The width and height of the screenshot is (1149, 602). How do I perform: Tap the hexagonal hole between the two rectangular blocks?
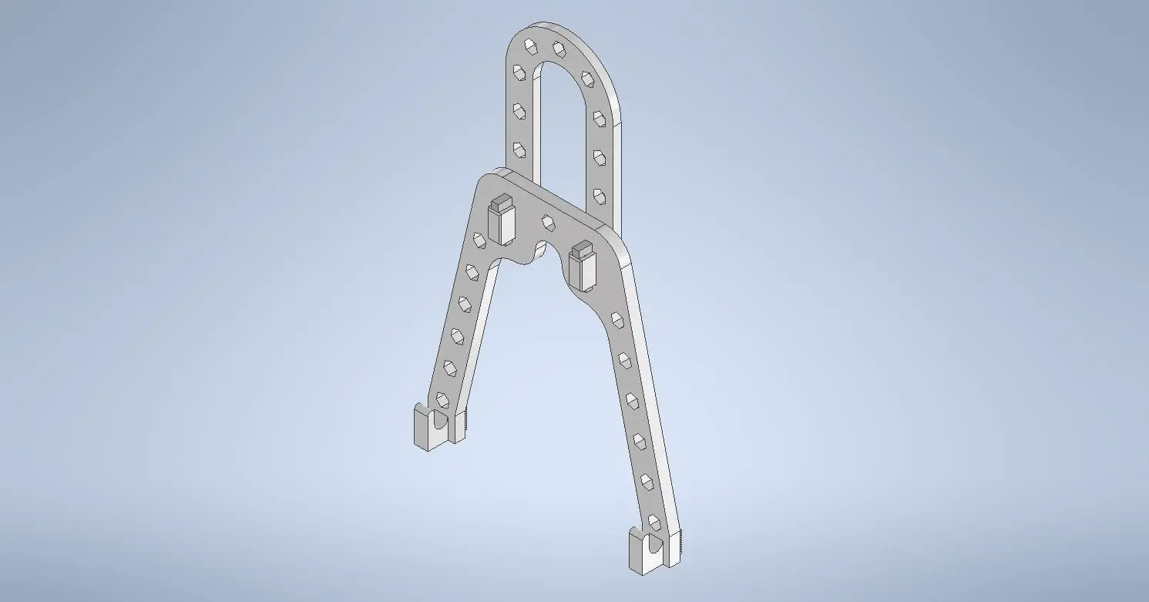pos(548,223)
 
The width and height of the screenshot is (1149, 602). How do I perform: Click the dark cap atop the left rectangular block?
pos(500,203)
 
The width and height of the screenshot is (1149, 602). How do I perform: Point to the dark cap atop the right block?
pos(582,250)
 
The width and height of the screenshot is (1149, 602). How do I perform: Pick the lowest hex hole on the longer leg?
pos(654,521)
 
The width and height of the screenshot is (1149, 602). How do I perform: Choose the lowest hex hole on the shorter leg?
pos(442,399)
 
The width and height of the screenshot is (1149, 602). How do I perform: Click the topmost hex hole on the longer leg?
pos(616,317)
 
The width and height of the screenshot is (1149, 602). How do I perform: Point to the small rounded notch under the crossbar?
pos(540,251)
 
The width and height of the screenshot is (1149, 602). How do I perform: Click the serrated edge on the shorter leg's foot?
pos(465,422)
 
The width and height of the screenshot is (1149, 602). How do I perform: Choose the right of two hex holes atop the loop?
pos(557,49)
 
